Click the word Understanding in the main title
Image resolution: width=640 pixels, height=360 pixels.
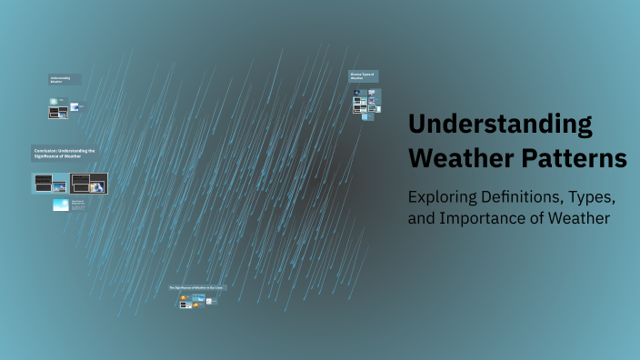pyautogui.click(x=500, y=125)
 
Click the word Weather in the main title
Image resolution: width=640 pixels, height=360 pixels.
pyautogui.click(x=452, y=157)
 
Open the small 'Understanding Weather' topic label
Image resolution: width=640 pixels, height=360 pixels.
pyautogui.click(x=65, y=80)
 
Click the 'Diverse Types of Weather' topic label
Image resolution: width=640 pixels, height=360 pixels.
pyautogui.click(x=363, y=75)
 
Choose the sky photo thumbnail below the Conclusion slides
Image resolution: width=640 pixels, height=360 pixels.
pyautogui.click(x=61, y=205)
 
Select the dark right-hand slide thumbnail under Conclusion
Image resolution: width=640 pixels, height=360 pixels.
pyautogui.click(x=88, y=183)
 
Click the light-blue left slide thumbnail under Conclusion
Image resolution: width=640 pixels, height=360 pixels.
pyautogui.click(x=51, y=183)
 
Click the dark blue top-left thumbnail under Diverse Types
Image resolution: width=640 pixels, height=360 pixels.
pyautogui.click(x=358, y=94)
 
